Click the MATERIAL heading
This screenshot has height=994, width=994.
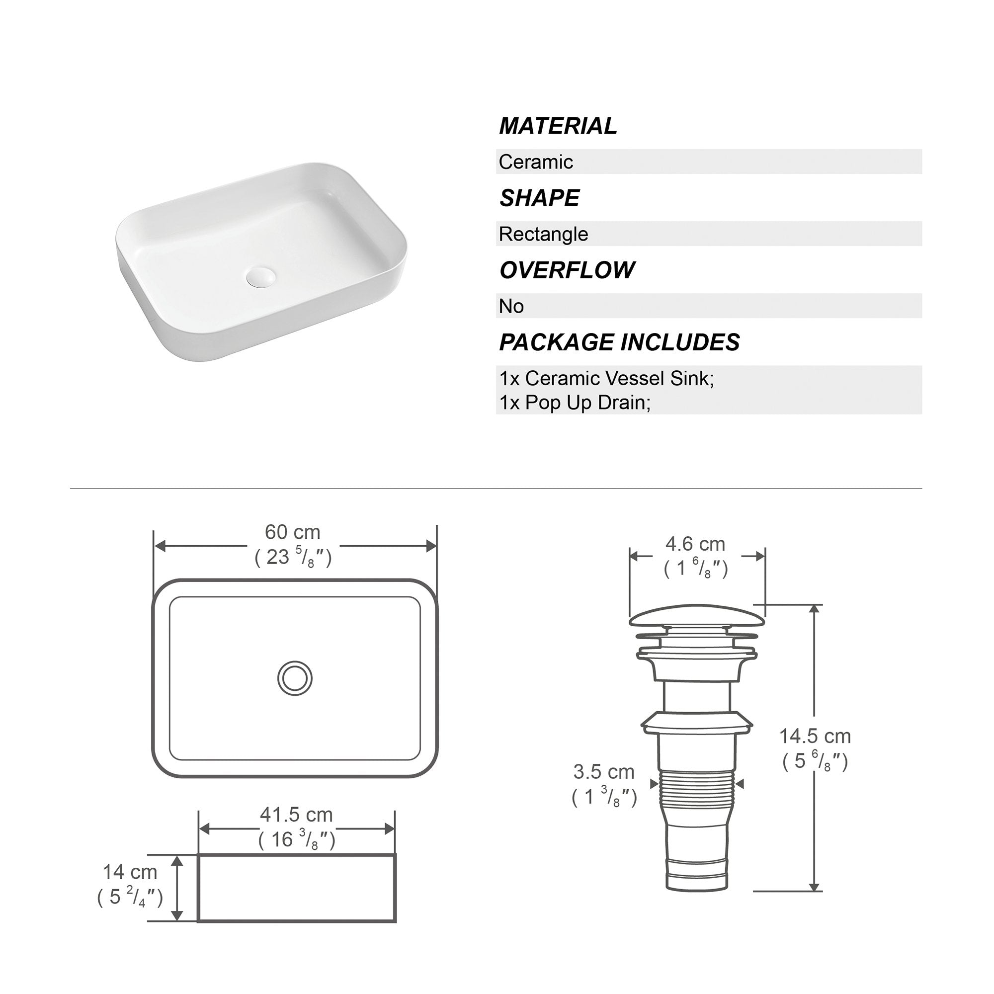coord(558,126)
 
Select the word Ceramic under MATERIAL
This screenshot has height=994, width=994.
coord(536,162)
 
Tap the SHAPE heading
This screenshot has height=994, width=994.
coord(539,198)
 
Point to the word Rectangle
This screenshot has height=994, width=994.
coord(543,234)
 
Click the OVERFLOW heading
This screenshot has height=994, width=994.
coord(567,270)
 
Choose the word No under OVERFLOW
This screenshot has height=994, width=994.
coord(511,306)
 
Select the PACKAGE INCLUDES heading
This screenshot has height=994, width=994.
coord(619,342)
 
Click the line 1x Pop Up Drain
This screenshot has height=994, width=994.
coord(575,403)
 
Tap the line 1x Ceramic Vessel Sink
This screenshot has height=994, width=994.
coord(606,378)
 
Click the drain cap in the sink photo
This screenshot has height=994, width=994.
coord(261,276)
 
